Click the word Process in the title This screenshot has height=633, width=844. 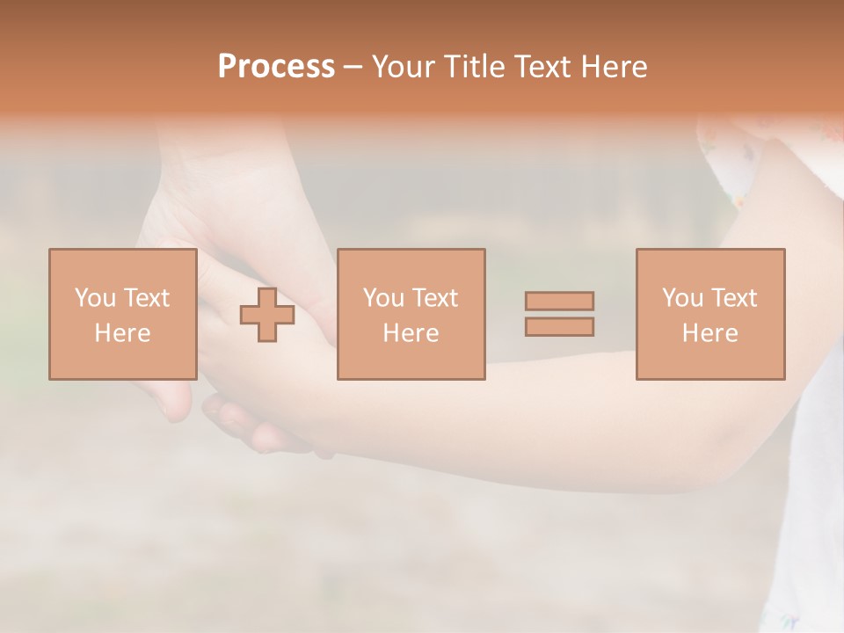(276, 67)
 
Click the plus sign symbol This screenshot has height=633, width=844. (267, 315)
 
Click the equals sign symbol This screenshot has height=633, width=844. (559, 314)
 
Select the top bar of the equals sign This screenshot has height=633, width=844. (559, 301)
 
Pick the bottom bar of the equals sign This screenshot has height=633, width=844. (559, 327)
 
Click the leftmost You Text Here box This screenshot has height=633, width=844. (122, 314)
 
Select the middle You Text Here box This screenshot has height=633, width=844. (411, 314)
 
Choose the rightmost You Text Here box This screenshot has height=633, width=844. (710, 314)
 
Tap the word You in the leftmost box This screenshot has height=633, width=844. (95, 297)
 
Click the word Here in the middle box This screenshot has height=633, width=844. (411, 333)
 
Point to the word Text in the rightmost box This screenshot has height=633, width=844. (733, 297)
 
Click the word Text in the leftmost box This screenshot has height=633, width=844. (146, 297)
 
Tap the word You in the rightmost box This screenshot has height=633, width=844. (682, 297)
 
